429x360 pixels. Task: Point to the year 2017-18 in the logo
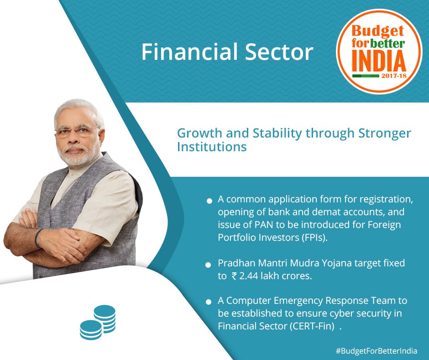[394, 76]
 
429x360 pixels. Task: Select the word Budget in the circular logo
[378, 32]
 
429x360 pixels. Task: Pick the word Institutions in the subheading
[212, 147]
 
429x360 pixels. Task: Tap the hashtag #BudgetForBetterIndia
[377, 351]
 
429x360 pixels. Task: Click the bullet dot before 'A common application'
[209, 201]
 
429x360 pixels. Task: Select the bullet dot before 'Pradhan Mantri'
[208, 265]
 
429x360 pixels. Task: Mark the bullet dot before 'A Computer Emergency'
[209, 302]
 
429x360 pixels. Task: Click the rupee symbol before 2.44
[234, 276]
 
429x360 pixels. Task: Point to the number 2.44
[249, 276]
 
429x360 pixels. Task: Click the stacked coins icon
[98, 323]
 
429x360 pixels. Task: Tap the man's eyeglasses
[77, 132]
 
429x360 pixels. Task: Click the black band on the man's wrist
[38, 237]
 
